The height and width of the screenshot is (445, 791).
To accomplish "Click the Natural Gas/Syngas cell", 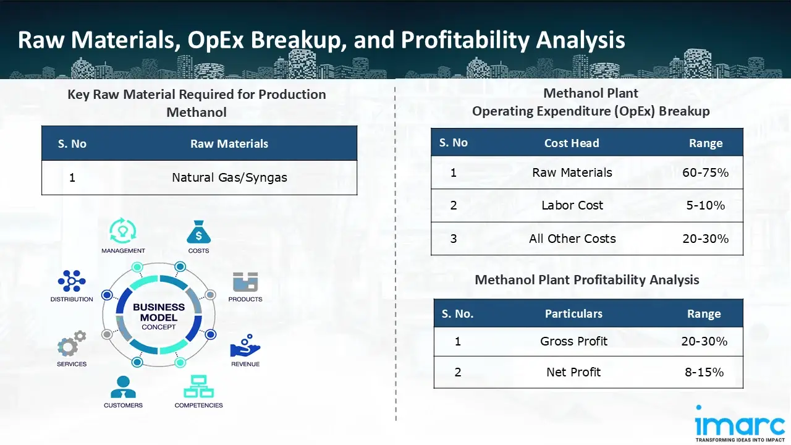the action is [229, 177].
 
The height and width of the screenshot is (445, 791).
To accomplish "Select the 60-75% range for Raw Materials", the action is [705, 172].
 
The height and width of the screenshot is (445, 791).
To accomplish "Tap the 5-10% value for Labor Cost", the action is [705, 205].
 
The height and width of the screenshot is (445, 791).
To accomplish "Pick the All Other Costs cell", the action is [572, 239].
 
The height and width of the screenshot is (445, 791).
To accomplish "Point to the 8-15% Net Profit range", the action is [704, 372].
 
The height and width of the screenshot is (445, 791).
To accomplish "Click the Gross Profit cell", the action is [573, 341].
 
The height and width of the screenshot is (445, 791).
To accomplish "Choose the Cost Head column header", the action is [572, 143].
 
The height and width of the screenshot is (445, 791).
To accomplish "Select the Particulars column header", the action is [573, 313].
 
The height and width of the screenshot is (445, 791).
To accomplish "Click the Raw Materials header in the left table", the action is [229, 144].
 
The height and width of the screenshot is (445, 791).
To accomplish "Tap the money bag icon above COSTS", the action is [198, 232].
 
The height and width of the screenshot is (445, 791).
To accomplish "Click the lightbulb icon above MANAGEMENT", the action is [122, 231].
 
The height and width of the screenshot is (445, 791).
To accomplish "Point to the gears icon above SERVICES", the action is [72, 343].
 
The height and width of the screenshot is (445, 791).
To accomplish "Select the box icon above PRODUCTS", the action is [245, 281].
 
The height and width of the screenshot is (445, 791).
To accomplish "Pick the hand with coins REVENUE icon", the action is [245, 345].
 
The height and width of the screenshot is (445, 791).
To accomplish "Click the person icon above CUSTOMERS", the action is [123, 387].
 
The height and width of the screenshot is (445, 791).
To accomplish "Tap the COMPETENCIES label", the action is [198, 405].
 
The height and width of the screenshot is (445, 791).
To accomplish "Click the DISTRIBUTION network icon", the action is [72, 281].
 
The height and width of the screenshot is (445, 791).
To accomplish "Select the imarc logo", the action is [740, 423].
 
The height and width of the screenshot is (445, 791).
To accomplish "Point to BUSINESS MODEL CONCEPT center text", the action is [159, 317].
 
